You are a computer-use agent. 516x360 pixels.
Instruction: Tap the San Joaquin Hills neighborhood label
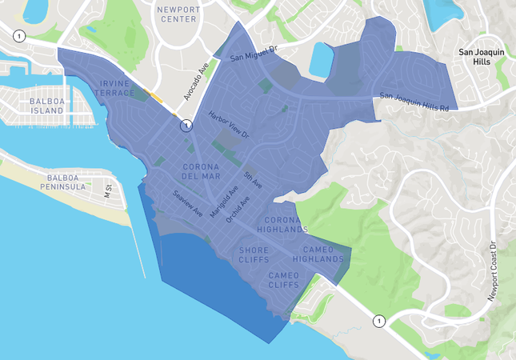coord(480,56)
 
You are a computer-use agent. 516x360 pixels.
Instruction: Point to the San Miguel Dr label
coord(253,53)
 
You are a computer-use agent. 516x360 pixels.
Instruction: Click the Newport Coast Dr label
coord(492,272)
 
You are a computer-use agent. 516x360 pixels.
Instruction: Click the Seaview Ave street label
coord(188,205)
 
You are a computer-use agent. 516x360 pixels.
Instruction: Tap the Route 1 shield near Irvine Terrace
coord(186,126)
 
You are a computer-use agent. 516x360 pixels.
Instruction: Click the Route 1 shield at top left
coord(18,34)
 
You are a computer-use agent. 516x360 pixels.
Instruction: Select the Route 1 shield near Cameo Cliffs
coord(379,321)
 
